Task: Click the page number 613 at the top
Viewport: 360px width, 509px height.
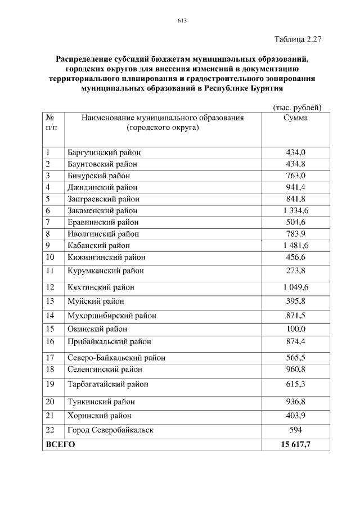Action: click(182, 21)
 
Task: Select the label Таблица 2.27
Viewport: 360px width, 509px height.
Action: click(297, 39)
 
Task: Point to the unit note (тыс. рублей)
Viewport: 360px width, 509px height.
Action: click(296, 107)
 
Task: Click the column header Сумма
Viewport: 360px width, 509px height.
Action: click(295, 118)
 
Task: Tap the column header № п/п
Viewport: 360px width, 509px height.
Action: click(51, 123)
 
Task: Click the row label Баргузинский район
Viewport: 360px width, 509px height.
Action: click(104, 152)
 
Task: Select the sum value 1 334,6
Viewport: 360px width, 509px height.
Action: click(295, 211)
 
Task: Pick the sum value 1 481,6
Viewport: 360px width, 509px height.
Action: click(295, 246)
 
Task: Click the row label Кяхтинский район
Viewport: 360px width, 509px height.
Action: click(101, 287)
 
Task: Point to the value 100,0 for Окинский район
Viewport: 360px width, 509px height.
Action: click(296, 329)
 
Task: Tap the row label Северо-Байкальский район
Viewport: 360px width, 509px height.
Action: click(116, 358)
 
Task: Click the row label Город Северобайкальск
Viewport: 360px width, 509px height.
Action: click(110, 430)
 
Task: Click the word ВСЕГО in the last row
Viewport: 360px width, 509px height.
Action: click(60, 444)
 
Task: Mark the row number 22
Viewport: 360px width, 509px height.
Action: click(51, 430)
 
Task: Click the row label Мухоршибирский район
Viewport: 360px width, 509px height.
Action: click(112, 316)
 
